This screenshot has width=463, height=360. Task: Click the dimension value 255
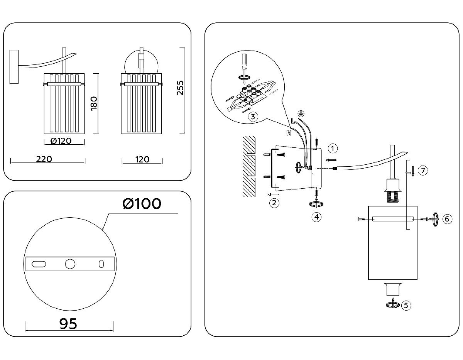179,88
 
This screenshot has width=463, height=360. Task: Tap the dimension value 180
94,103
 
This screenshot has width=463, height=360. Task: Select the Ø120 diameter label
61,140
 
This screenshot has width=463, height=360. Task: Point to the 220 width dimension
44,159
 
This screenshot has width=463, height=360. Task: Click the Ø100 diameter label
142,203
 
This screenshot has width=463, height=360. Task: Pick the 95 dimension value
68,323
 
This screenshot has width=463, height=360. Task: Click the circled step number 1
333,148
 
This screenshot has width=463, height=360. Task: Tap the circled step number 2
274,203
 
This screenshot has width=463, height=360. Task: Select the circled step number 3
252,117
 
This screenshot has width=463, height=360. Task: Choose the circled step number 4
316,217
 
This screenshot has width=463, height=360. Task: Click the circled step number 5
406,305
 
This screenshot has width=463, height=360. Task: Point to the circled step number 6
446,219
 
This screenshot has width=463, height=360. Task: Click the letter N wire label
288,133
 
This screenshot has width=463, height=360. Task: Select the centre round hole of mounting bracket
70,264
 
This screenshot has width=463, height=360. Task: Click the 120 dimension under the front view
142,159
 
